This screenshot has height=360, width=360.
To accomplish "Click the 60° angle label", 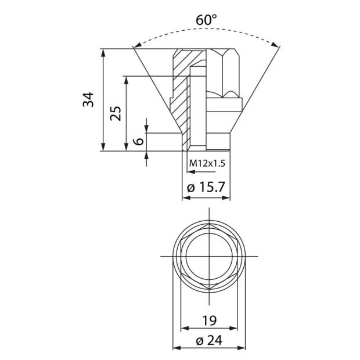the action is [x=206, y=20].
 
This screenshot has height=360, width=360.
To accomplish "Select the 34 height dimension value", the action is [x=89, y=100].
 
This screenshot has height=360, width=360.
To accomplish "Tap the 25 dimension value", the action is [x=116, y=113].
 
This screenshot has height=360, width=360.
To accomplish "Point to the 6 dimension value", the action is [x=139, y=142].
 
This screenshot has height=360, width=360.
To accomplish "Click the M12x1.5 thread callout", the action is [x=207, y=164].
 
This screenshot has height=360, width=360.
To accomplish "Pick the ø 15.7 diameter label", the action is [x=206, y=187].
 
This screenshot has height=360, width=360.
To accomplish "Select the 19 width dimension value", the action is [x=210, y=321].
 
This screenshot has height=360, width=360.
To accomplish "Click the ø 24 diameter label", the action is [x=209, y=340].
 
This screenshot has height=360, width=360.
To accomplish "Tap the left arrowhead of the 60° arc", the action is [x=138, y=45].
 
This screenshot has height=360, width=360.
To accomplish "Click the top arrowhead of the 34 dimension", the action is [x=103, y=53].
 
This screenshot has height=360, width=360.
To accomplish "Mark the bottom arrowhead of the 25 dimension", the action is [x=126, y=147].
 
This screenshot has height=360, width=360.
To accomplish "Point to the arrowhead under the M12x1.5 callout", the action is [x=191, y=172].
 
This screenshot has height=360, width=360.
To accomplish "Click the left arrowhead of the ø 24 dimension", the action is [x=177, y=348].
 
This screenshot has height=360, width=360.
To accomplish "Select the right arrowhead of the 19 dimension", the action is [x=233, y=328].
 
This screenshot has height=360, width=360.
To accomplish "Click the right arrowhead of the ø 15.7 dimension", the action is [x=226, y=198].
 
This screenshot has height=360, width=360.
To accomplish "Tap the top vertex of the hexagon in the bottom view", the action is [x=210, y=224].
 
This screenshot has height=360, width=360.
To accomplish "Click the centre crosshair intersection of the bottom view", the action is [x=210, y=256].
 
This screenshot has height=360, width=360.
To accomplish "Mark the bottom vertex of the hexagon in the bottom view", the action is [x=210, y=289].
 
